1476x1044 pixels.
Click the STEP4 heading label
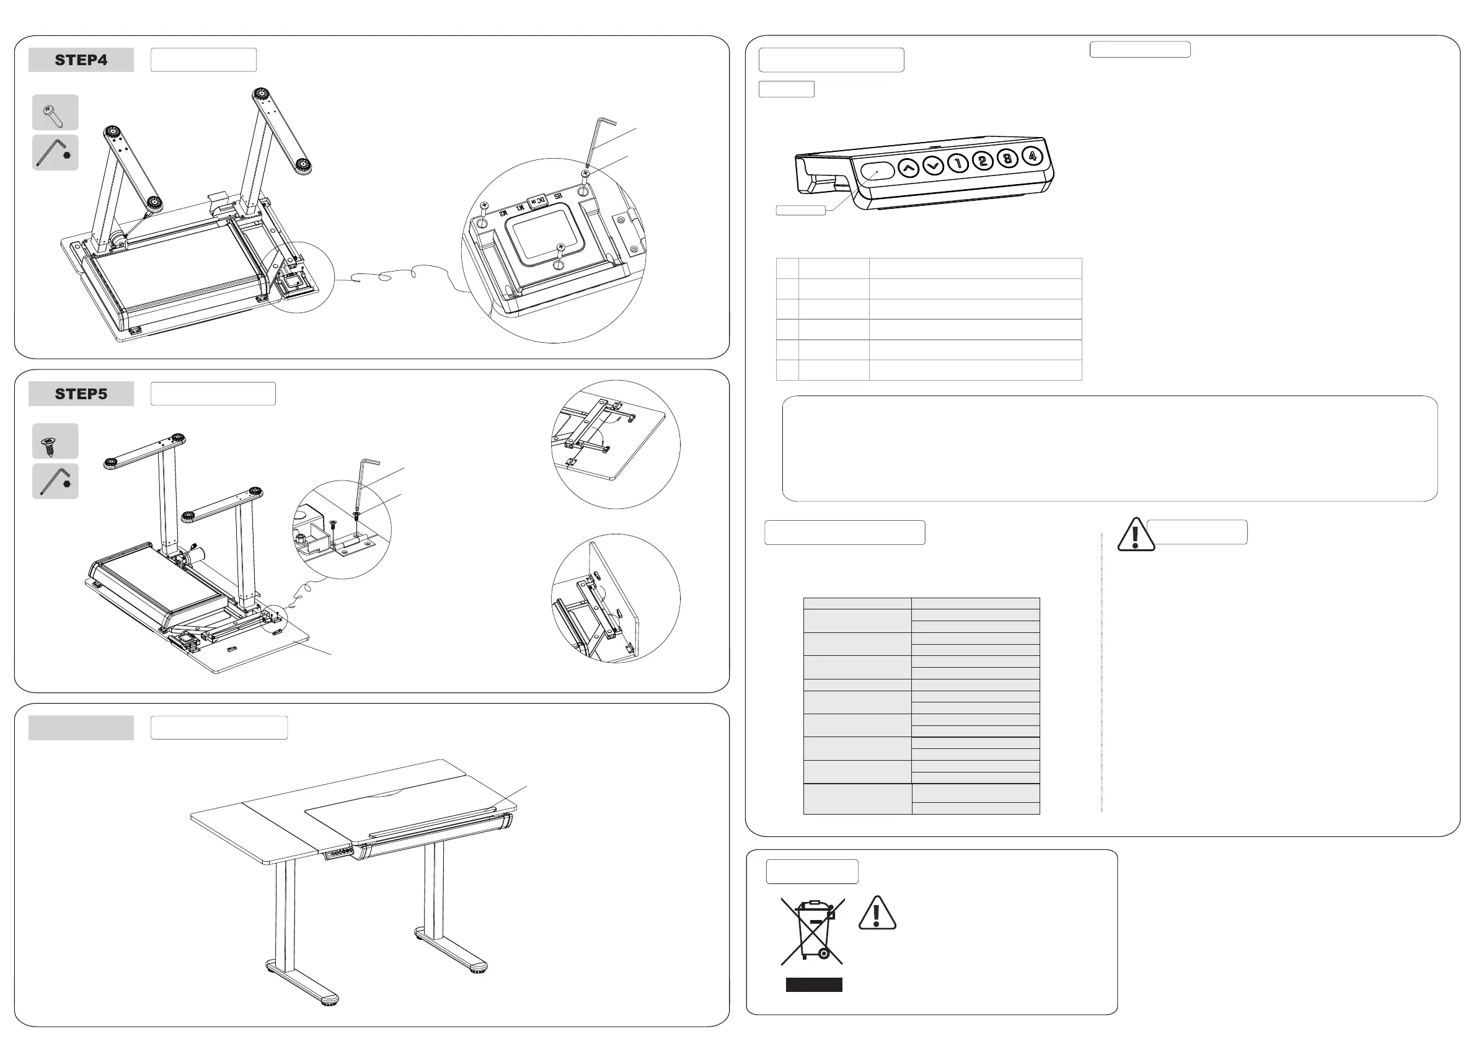(x=81, y=60)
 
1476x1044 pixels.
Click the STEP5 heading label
(x=81, y=394)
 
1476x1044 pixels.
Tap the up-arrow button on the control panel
(x=908, y=168)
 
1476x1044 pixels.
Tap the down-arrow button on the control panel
(x=933, y=166)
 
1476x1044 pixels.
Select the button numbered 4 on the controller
(x=1032, y=156)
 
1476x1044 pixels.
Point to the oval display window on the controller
(x=878, y=172)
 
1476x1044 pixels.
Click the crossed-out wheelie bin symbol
(x=813, y=931)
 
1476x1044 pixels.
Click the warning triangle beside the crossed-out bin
(x=877, y=914)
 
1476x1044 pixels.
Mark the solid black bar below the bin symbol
(x=814, y=984)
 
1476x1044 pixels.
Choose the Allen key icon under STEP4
(x=55, y=153)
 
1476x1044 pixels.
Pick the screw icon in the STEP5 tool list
(x=55, y=441)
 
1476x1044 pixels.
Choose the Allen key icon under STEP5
(x=55, y=481)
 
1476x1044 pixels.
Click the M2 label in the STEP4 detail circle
(x=503, y=211)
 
